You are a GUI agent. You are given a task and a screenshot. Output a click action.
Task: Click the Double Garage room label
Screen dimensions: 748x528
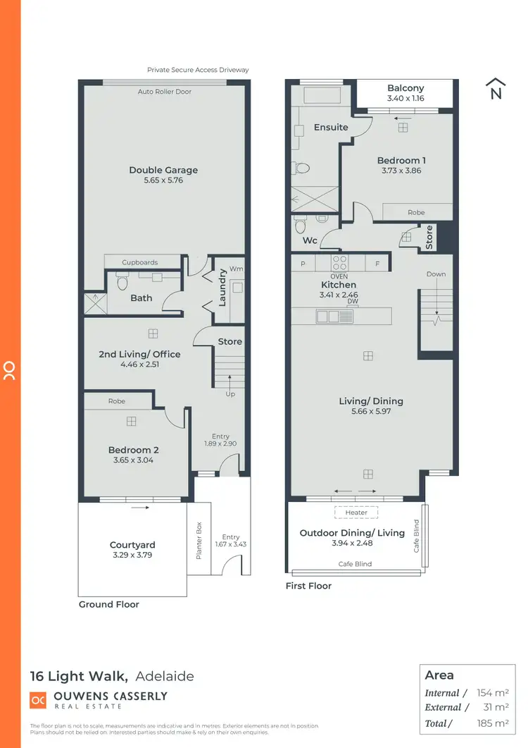[163, 170]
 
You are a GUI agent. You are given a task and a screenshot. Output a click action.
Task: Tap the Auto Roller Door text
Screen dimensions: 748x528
[165, 92]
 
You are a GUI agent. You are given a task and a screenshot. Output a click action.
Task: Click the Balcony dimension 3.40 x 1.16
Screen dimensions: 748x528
[406, 99]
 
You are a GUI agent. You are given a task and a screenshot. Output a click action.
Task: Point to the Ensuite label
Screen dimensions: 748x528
[331, 128]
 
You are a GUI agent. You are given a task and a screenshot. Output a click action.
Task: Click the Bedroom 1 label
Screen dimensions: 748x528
[401, 160]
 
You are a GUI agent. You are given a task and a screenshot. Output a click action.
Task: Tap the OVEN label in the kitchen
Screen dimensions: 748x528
[339, 276]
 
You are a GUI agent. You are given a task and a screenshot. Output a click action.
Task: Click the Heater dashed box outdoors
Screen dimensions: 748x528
[356, 513]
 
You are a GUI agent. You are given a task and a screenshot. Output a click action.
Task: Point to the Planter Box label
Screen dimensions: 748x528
[199, 539]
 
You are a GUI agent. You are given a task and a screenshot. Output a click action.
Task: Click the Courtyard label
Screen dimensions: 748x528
[132, 545]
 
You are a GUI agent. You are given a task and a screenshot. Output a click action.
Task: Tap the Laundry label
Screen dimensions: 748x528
[222, 288]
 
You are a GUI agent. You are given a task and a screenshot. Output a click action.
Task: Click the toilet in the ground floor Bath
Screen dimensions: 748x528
[121, 283]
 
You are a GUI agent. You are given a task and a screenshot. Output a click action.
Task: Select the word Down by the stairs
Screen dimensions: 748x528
[436, 274]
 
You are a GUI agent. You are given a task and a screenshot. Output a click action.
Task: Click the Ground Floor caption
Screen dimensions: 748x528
[108, 604]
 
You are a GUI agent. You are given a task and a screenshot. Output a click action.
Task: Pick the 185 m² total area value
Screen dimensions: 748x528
[494, 723]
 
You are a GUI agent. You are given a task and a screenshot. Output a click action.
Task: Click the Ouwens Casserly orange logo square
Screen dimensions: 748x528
[37, 700]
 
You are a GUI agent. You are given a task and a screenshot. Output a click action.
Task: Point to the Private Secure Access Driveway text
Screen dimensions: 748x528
[198, 70]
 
